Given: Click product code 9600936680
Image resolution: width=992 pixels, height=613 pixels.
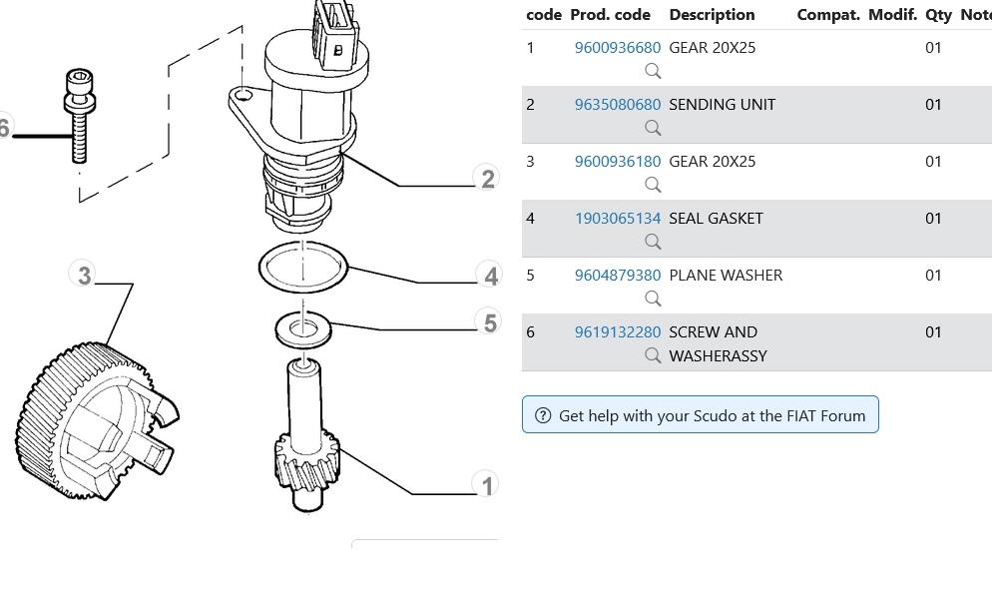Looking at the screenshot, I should click(x=617, y=48).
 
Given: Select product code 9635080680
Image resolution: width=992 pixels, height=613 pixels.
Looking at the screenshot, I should click(x=617, y=105).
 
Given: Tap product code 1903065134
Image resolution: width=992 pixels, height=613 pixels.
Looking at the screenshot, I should click(x=617, y=219).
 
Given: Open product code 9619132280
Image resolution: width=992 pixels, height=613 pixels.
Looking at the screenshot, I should click(x=617, y=332).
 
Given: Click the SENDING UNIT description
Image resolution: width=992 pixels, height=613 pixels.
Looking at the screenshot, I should click(x=722, y=105).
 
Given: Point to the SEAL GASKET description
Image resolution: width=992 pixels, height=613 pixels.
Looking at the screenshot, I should click(x=716, y=219).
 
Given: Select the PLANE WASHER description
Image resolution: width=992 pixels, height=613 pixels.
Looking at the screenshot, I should click(x=726, y=276).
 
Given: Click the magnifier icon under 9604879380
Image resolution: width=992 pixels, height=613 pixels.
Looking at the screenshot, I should click(x=653, y=299).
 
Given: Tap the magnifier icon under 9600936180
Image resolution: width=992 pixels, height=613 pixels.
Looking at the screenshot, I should click(x=653, y=185).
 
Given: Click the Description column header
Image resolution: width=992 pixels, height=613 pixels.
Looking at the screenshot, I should click(x=712, y=15).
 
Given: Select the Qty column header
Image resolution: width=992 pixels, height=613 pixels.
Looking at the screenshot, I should click(x=938, y=15).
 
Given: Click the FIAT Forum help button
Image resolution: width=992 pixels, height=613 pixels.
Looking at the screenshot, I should click(x=700, y=415).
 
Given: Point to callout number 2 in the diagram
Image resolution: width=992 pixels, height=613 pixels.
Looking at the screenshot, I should click(x=487, y=180).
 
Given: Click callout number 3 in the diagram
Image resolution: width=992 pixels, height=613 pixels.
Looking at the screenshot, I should click(x=85, y=275).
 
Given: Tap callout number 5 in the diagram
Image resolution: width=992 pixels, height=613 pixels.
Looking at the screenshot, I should click(x=489, y=323).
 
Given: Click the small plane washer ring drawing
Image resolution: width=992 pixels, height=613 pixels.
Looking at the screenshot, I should click(x=301, y=329).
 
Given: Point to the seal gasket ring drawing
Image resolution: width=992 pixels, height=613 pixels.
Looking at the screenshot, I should click(x=302, y=268).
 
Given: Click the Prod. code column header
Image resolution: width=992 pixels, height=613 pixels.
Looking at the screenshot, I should click(x=610, y=15).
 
